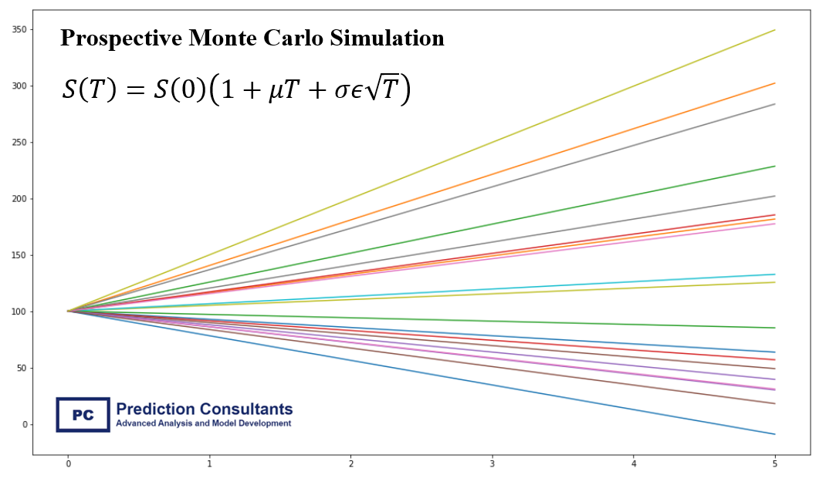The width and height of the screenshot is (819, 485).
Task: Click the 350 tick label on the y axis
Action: [x=19, y=29]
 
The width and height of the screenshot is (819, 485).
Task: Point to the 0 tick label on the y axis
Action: [x=25, y=425]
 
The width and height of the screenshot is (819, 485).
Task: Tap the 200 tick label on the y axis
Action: [x=19, y=199]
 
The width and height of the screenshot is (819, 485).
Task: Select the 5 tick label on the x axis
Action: [x=774, y=464]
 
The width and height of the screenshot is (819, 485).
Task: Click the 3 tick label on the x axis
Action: [x=492, y=464]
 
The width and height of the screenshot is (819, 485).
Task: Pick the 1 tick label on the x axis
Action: [x=209, y=464]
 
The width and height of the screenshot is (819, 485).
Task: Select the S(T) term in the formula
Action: [x=89, y=90]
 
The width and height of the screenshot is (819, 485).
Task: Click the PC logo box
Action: [x=83, y=415]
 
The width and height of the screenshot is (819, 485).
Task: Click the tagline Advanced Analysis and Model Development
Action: [x=203, y=423]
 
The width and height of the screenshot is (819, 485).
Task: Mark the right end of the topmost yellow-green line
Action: [x=774, y=30]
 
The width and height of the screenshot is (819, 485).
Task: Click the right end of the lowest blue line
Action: [x=774, y=434]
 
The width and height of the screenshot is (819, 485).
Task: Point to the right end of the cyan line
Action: [x=774, y=274]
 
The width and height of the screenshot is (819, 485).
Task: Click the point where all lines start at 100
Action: [x=68, y=312]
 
